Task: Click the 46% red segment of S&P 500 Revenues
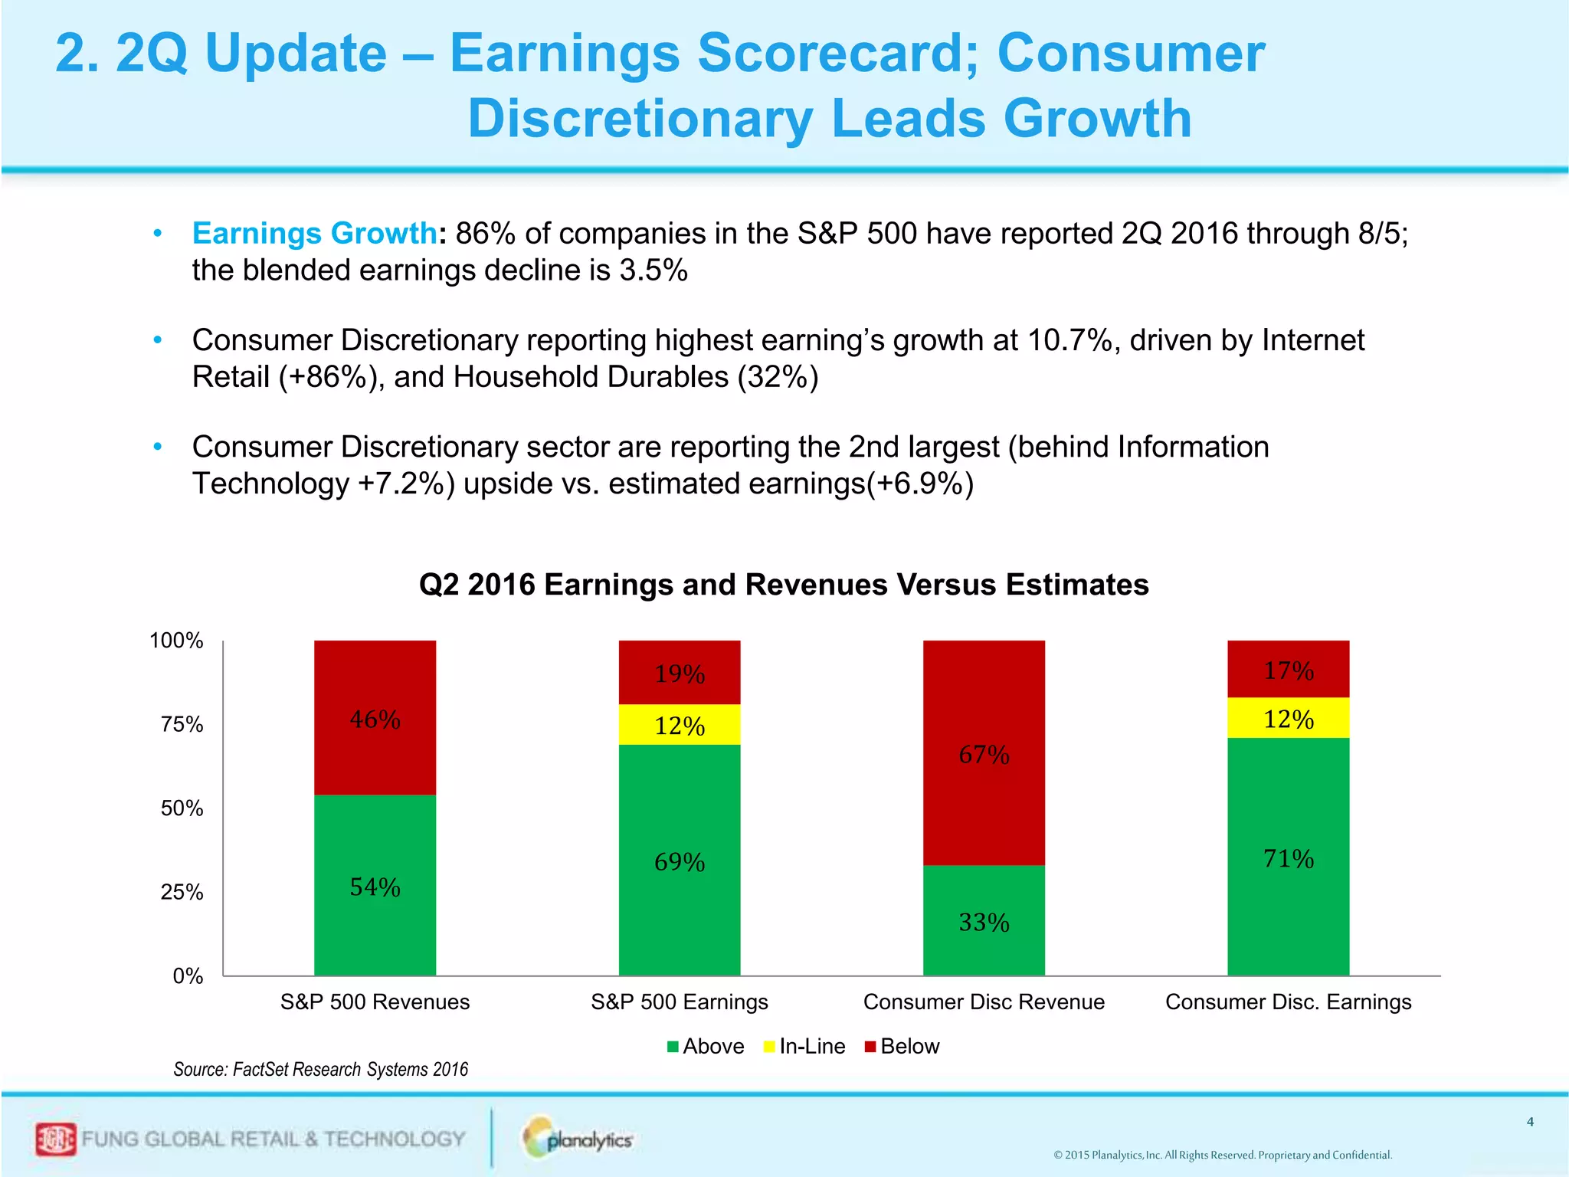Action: click(x=375, y=718)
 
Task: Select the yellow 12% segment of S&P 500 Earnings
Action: click(x=680, y=724)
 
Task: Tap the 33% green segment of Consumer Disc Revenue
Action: click(x=984, y=920)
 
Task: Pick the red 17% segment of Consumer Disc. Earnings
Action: click(x=1288, y=669)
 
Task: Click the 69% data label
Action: click(x=680, y=862)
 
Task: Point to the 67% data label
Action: click(x=984, y=755)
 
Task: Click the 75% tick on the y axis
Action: click(x=182, y=724)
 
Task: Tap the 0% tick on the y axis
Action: click(x=188, y=975)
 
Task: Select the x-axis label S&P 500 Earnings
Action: click(x=680, y=1002)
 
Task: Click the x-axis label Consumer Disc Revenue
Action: click(x=984, y=1002)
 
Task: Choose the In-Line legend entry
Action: click(x=804, y=1046)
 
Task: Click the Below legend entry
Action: click(x=902, y=1046)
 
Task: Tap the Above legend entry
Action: click(x=706, y=1046)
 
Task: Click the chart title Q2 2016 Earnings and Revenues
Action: click(x=784, y=585)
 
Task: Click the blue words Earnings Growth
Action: click(x=314, y=233)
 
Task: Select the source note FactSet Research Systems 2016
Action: click(x=320, y=1069)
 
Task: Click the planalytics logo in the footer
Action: click(x=579, y=1139)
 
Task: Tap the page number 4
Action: click(x=1530, y=1122)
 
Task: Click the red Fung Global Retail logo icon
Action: click(x=56, y=1139)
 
